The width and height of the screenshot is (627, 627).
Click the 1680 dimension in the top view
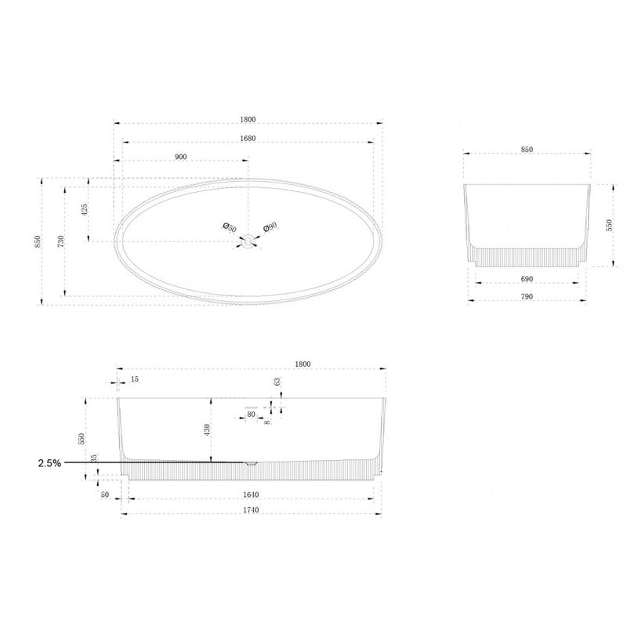pos(248,139)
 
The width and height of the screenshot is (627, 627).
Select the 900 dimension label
pos(181,157)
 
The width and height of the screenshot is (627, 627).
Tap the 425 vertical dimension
pos(85,209)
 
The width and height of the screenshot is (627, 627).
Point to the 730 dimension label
pos(61,241)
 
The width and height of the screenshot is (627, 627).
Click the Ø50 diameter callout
pos(230,227)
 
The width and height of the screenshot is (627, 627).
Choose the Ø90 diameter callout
pos(270,227)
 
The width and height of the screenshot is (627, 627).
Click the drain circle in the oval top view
pos(248,241)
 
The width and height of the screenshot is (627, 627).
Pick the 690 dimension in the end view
pos(527,279)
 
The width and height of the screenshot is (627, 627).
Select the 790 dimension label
pos(527,296)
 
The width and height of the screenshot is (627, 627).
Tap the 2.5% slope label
pos(49,463)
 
